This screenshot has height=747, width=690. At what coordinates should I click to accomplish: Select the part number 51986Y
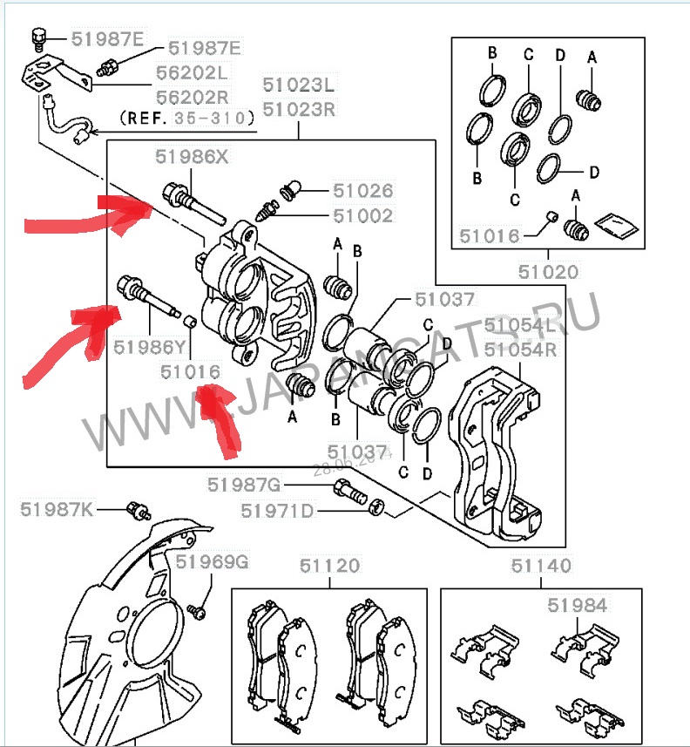coord(149,346)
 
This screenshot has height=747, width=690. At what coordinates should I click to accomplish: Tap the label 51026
coord(362,191)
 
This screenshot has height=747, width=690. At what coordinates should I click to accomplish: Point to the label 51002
coord(362,215)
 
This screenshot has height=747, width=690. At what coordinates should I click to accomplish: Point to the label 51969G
coord(212,563)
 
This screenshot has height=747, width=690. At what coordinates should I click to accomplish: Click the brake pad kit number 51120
coord(328,566)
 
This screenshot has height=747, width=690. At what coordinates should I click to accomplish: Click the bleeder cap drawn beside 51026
coord(292,188)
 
